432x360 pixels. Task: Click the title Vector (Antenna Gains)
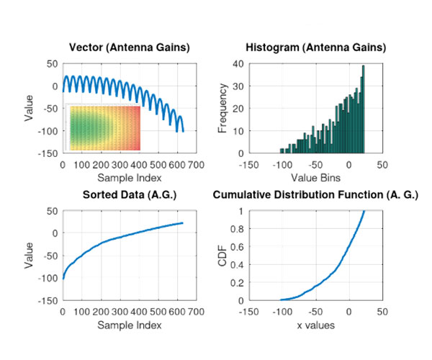pyautogui.click(x=129, y=48)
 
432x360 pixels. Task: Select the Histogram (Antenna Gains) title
pyautogui.click(x=315, y=48)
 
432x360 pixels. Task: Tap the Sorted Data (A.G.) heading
pyautogui.click(x=130, y=195)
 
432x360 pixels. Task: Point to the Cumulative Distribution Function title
pyautogui.click(x=315, y=195)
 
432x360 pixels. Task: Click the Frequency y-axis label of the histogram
pyautogui.click(x=223, y=108)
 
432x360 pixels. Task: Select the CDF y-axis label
pyautogui.click(x=223, y=256)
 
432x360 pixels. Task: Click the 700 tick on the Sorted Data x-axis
pyautogui.click(x=196, y=312)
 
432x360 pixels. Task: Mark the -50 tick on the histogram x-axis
pyautogui.click(x=315, y=164)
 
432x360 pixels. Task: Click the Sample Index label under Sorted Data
pyautogui.click(x=130, y=325)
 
